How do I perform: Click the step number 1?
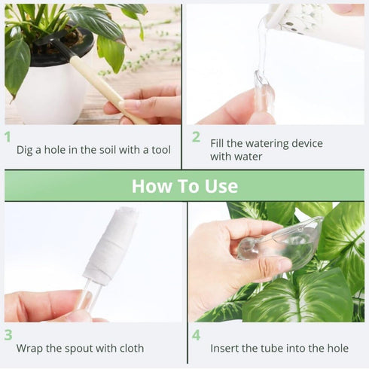pyautogui.click(x=8, y=137)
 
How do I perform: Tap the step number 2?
pyautogui.click(x=196, y=137)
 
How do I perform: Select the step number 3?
pyautogui.click(x=8, y=335)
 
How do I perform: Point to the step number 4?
pyautogui.click(x=196, y=335)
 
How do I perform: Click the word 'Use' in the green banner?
pyautogui.click(x=220, y=186)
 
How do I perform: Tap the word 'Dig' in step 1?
pyautogui.click(x=26, y=150)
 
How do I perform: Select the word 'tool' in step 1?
pyautogui.click(x=159, y=150)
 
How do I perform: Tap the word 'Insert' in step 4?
pyautogui.click(x=226, y=349)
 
